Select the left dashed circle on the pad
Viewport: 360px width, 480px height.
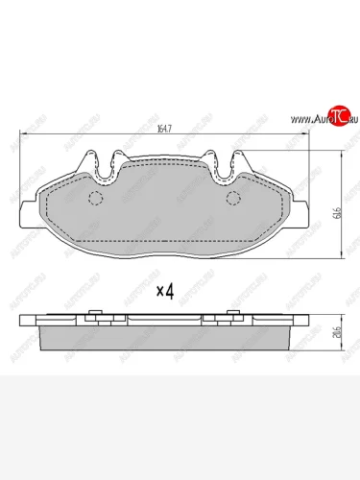(95, 200)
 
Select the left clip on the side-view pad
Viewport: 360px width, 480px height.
(96, 316)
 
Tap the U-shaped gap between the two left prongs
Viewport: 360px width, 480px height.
(105, 161)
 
